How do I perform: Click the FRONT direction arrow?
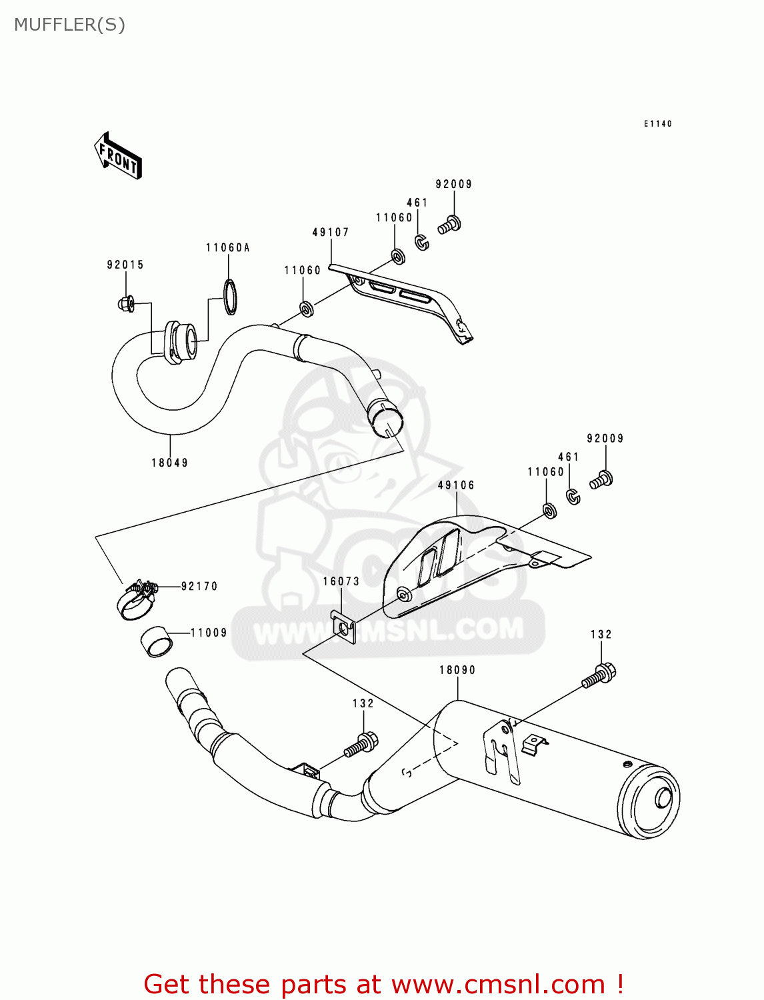tap(119, 155)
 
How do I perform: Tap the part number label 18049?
tap(169, 463)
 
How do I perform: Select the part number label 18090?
tap(457, 670)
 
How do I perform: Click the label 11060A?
tap(227, 248)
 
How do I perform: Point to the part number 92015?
tap(125, 265)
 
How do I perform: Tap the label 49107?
tap(331, 233)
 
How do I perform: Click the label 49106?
tap(456, 485)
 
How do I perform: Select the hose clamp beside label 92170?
tap(137, 597)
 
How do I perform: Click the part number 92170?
tap(199, 587)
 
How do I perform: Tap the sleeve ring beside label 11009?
tap(156, 642)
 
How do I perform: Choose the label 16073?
tap(341, 581)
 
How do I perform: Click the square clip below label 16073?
tap(343, 627)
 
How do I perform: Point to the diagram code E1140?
tap(657, 124)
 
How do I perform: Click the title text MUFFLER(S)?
tap(69, 25)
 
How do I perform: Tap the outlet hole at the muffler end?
tap(663, 798)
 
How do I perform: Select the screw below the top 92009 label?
tap(450, 225)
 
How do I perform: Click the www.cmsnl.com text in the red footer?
tap(499, 984)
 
